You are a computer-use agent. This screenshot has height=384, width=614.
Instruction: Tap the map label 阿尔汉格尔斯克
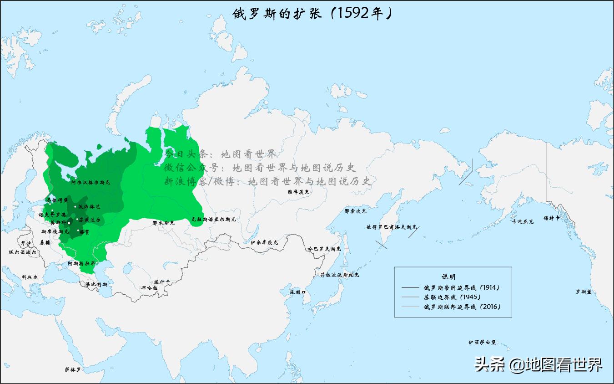pyautogui.click(x=91, y=182)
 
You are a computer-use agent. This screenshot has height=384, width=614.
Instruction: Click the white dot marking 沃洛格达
pyautogui.click(x=75, y=207)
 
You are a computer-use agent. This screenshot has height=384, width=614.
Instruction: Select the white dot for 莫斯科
pyautogui.click(x=69, y=223)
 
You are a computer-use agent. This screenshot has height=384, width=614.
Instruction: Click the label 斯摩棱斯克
pyautogui.click(x=55, y=232)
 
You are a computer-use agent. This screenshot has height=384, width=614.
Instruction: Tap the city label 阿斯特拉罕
pyautogui.click(x=82, y=263)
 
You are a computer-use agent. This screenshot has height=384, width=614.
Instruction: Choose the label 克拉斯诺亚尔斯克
pyautogui.click(x=214, y=220)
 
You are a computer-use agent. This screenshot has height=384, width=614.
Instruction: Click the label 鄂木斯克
pyautogui.click(x=164, y=223)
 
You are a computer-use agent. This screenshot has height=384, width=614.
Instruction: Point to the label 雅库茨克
pyautogui.click(x=298, y=192)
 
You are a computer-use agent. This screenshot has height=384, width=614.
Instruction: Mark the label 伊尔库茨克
pyautogui.click(x=264, y=243)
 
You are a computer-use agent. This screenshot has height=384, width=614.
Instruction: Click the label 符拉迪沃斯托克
pyautogui.click(x=339, y=275)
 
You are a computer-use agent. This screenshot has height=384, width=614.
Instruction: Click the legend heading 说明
pyautogui.click(x=448, y=276)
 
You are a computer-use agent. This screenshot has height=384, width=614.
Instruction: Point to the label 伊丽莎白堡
pyautogui.click(x=482, y=342)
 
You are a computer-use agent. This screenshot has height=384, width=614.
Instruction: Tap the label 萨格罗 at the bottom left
pyautogui.click(x=73, y=369)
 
